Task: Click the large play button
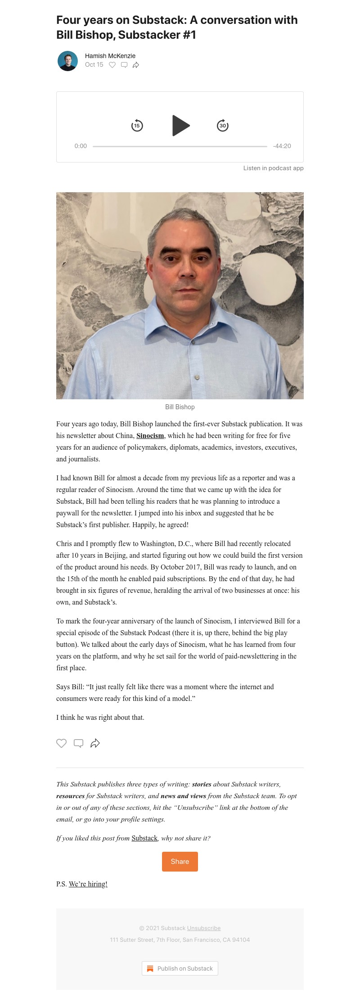(x=180, y=126)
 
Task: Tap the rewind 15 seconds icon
(x=137, y=126)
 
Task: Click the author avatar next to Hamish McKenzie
(x=67, y=61)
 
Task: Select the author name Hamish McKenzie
(x=110, y=56)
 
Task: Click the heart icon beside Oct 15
(x=112, y=65)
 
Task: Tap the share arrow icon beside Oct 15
(x=136, y=65)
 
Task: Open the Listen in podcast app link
(x=273, y=168)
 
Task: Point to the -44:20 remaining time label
(x=282, y=146)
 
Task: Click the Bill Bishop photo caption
(x=180, y=407)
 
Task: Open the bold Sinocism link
(x=150, y=436)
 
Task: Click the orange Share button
(x=180, y=862)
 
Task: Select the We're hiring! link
(x=88, y=884)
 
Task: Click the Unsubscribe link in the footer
(x=204, y=928)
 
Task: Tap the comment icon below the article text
(x=78, y=743)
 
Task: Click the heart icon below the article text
(x=61, y=743)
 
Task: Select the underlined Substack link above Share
(x=144, y=838)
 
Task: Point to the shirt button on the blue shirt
(x=197, y=376)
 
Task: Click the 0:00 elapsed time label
(x=81, y=146)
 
